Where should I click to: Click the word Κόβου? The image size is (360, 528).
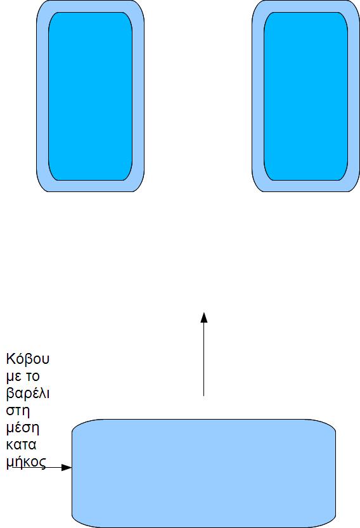click(28, 359)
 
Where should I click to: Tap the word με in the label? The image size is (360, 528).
click(14, 377)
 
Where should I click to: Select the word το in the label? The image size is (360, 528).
click(33, 377)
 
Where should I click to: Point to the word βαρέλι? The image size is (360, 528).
click(28, 394)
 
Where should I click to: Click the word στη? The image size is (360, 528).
click(18, 411)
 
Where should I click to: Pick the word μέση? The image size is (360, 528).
click(23, 428)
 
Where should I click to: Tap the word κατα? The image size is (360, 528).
click(21, 445)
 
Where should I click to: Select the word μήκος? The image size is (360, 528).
click(25, 462)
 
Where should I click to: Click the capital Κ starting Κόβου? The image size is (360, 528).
click(10, 359)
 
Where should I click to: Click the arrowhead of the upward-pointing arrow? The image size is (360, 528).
click(203, 318)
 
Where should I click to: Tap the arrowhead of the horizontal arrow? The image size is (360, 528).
click(67, 467)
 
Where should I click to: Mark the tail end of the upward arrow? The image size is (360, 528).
click(203, 396)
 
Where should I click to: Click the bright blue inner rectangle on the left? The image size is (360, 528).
click(90, 96)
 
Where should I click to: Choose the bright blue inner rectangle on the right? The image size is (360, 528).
click(305, 96)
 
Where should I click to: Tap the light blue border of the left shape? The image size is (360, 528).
click(42, 96)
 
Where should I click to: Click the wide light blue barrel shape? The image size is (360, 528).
click(203, 473)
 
